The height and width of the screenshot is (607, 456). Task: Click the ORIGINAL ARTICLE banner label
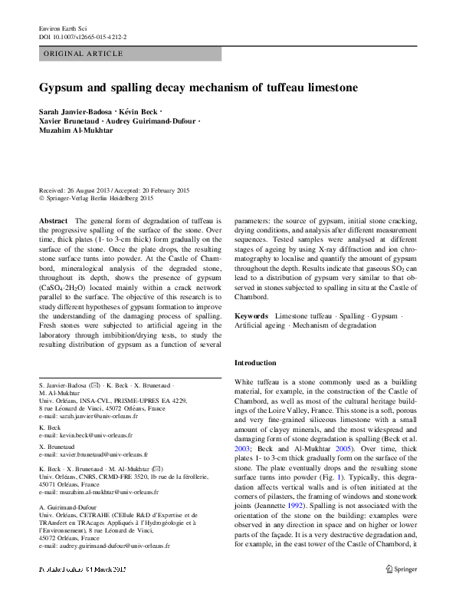click(x=84, y=54)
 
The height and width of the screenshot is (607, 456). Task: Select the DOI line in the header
click(x=83, y=36)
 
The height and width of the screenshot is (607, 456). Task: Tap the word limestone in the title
click(x=326, y=87)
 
